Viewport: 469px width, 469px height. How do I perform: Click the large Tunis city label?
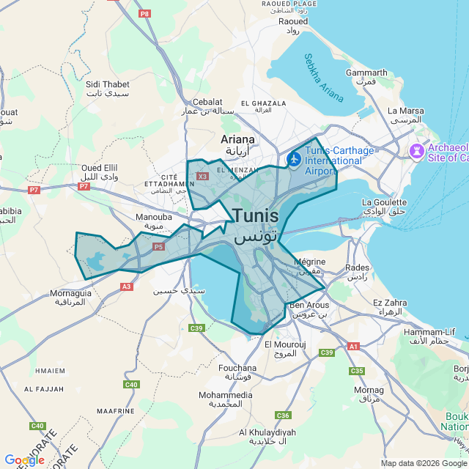click(x=256, y=217)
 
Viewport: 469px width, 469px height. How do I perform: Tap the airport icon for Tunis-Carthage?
click(x=295, y=158)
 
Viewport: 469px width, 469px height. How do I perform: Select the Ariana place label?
click(x=237, y=139)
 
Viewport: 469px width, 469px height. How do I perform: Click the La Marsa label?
click(x=405, y=111)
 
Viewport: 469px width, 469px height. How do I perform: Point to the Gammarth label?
click(x=366, y=73)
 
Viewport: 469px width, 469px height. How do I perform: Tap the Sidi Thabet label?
click(x=107, y=85)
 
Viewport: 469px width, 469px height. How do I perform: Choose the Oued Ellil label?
click(x=100, y=167)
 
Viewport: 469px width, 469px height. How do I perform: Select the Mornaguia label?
click(x=70, y=293)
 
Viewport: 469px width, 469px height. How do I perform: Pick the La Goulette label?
click(x=384, y=202)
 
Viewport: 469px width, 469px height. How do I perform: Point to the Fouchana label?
click(x=237, y=368)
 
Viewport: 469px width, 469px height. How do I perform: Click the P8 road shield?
click(x=144, y=13)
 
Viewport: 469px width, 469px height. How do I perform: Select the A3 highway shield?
click(x=127, y=286)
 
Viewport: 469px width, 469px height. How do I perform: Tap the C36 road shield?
click(x=283, y=416)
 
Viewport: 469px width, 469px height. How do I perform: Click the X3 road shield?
click(x=203, y=176)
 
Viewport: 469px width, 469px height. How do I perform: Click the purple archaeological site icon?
click(x=417, y=152)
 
